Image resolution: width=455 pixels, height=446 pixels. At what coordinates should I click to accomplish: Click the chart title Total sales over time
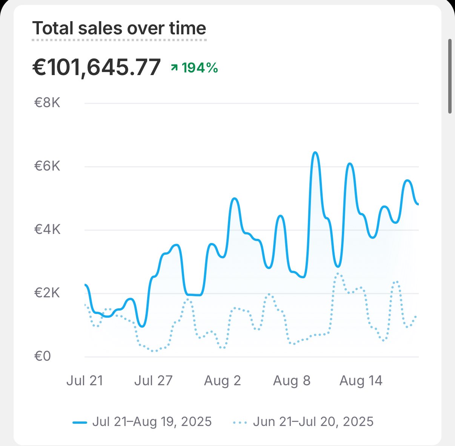119,29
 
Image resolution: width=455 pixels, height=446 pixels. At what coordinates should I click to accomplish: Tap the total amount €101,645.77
97,68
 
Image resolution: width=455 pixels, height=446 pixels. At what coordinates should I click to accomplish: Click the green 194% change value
200,68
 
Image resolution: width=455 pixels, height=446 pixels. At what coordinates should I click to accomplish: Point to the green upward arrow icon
174,68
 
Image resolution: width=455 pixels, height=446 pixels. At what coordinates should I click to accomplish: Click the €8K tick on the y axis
47,103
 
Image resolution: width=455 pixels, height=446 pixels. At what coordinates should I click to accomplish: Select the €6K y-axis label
47,166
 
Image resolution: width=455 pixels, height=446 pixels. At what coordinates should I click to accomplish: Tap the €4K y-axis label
47,230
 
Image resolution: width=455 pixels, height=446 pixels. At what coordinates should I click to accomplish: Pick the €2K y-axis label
47,293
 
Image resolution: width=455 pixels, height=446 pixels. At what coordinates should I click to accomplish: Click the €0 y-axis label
43,357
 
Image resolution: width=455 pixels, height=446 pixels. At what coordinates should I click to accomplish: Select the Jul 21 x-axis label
85,381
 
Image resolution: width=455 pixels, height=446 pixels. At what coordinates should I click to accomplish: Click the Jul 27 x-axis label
153,381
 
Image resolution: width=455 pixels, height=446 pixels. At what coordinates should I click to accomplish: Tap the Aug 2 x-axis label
222,381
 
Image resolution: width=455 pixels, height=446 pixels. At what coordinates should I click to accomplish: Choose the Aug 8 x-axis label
292,381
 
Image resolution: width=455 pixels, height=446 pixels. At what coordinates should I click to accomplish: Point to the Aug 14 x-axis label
361,381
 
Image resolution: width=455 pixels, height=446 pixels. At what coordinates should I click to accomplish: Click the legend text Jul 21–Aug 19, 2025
152,421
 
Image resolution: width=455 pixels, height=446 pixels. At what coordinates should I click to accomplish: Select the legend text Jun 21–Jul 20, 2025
313,421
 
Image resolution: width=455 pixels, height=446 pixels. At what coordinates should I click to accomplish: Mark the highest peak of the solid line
315,152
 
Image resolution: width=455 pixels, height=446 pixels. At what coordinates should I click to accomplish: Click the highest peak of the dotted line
338,273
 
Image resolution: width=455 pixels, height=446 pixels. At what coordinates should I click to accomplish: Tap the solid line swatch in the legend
80,422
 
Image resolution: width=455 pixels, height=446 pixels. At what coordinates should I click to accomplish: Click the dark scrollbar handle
450,76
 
